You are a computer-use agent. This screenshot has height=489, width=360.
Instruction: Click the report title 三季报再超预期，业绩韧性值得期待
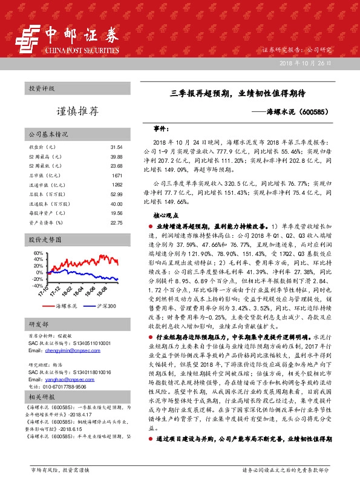(x=237, y=94)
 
